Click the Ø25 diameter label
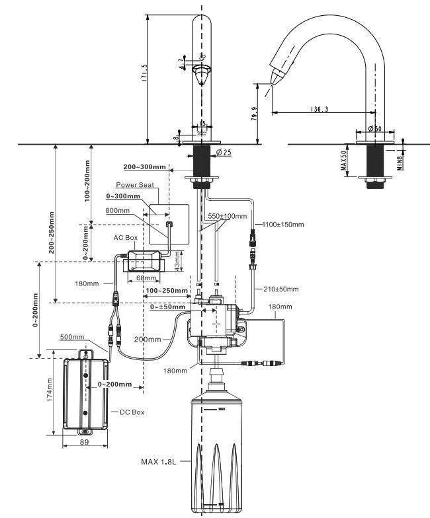click(224, 153)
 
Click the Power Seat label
click(135, 185)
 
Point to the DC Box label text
click(132, 412)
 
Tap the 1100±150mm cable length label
click(283, 225)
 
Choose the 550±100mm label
click(228, 217)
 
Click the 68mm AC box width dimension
click(142, 278)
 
